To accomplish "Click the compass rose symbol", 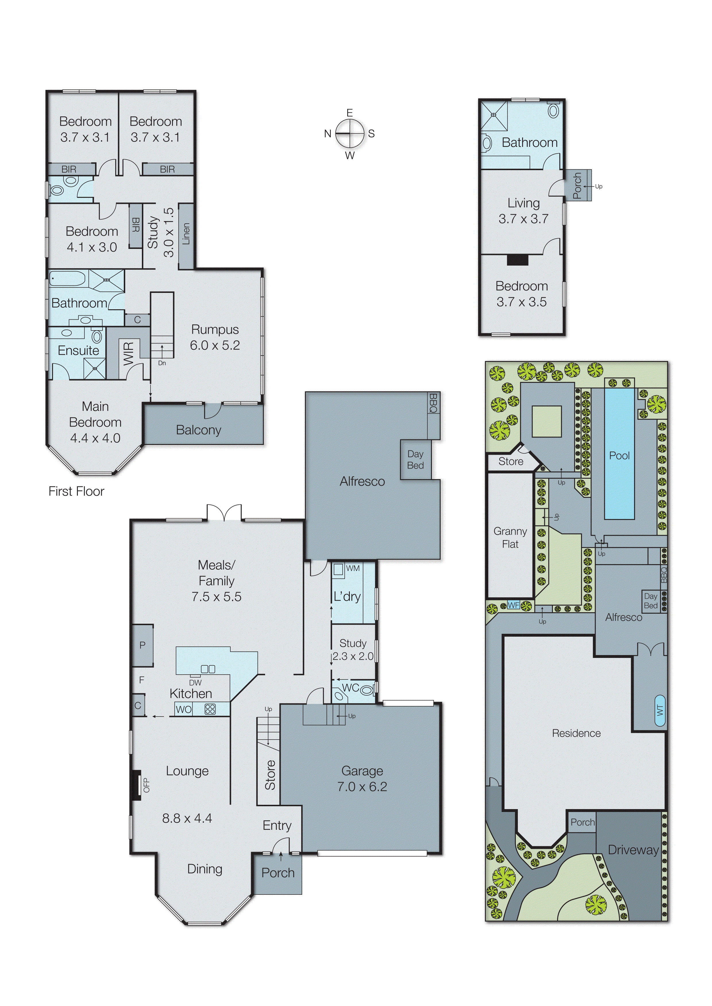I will point(350,133).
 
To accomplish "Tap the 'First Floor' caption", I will point(76,492).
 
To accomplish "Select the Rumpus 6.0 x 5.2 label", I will point(215,337).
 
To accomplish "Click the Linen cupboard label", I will point(186,234).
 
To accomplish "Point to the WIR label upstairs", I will point(128,354).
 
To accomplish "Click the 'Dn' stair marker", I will point(162,363).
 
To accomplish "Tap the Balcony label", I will point(198,430).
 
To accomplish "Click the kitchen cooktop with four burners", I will point(210,709).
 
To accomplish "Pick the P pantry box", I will point(142,645).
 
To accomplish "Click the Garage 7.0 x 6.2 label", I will point(362,779).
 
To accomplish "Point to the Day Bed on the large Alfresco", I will point(415,459).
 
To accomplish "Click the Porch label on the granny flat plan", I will point(577,186).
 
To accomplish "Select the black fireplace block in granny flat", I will point(517,260).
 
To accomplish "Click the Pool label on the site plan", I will point(619,456).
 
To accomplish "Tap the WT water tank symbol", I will point(660,710).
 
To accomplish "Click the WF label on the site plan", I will point(514,605).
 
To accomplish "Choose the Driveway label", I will point(633,850).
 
